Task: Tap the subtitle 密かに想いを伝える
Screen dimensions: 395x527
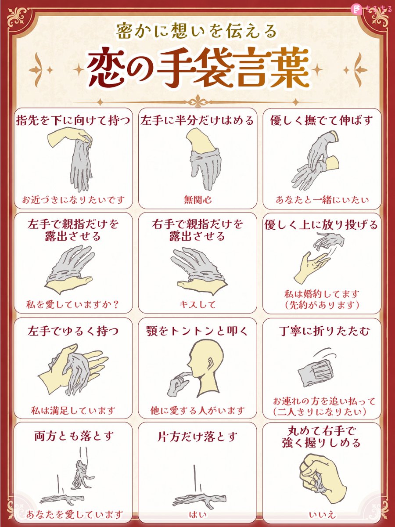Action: (197, 31)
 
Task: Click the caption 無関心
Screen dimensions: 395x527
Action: (197, 199)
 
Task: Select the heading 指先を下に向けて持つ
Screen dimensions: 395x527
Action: (73, 120)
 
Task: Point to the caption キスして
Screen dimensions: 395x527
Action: (197, 304)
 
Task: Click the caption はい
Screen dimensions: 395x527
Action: (197, 514)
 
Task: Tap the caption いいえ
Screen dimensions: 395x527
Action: (322, 514)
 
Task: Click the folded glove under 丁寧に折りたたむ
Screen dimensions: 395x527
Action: (316, 375)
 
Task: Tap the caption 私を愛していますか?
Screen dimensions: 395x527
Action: (73, 304)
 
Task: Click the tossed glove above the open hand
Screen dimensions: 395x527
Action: (329, 240)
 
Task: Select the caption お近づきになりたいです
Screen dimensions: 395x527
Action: (73, 199)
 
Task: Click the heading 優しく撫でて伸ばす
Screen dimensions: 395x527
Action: (322, 120)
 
